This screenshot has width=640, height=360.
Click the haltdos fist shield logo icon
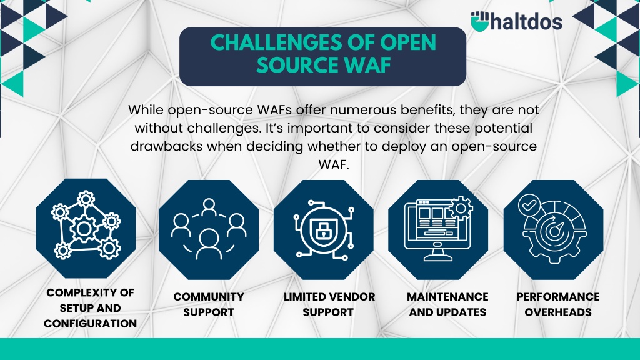point(480,21)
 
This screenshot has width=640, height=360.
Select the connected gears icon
point(86,225)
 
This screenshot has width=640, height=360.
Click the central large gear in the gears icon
point(84,229)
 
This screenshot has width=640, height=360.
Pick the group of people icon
point(209,229)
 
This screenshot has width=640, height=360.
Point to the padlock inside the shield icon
point(323,230)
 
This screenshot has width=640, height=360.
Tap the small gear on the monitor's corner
point(461,209)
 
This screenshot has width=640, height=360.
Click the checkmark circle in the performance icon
point(529,204)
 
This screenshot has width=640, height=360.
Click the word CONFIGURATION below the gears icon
point(90,324)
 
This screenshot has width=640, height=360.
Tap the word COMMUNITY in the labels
point(209,297)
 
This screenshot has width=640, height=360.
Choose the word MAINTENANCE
point(447,297)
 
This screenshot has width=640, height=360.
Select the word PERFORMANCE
point(558,297)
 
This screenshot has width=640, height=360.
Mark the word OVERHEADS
point(558,312)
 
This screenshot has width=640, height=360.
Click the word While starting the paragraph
point(146,110)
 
